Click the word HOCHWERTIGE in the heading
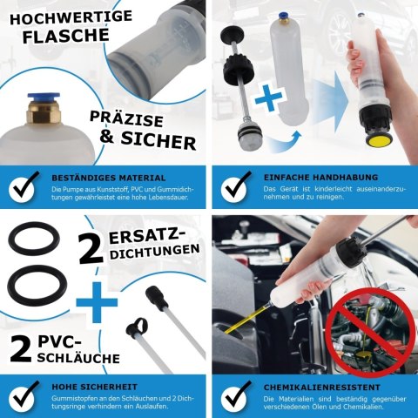coord(55,15)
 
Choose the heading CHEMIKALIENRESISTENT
coord(313,386)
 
